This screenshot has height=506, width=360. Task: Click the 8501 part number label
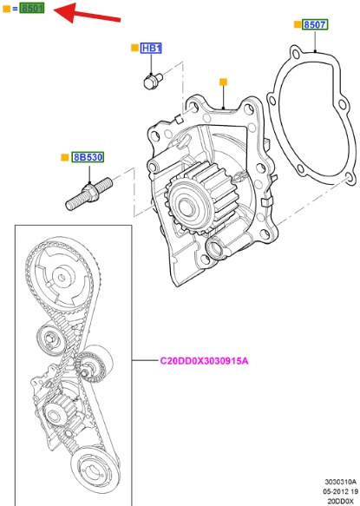[x=31, y=8]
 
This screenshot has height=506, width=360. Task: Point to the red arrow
[x=87, y=14]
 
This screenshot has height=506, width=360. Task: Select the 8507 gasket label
[x=315, y=24]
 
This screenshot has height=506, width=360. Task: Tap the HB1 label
[x=151, y=48]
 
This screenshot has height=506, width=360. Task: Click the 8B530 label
[x=88, y=157]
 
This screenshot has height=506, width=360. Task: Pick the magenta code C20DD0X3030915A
[x=204, y=360]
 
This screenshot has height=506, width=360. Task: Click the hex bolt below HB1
[x=153, y=81]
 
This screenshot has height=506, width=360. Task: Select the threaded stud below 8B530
[x=88, y=194]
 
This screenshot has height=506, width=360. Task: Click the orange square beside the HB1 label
[x=134, y=48]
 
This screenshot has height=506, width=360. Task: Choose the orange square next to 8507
[x=297, y=24]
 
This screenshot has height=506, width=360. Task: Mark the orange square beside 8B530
[x=65, y=157]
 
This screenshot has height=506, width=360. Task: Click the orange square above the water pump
[x=223, y=82]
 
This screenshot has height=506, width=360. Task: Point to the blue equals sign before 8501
[x=15, y=9]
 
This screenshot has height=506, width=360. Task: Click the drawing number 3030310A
[x=340, y=482]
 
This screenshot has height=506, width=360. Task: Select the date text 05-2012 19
[x=340, y=491]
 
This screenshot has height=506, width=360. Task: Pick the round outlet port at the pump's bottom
[x=214, y=249]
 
